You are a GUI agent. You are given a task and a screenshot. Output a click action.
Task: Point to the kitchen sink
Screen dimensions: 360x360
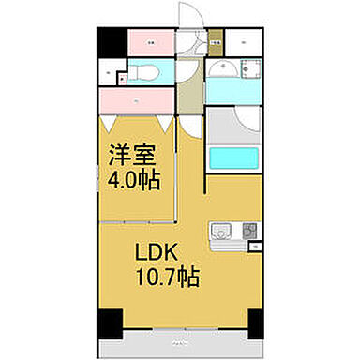221,231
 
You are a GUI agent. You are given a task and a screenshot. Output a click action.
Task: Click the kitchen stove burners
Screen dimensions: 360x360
249,231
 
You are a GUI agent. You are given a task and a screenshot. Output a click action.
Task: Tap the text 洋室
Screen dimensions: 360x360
128,154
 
